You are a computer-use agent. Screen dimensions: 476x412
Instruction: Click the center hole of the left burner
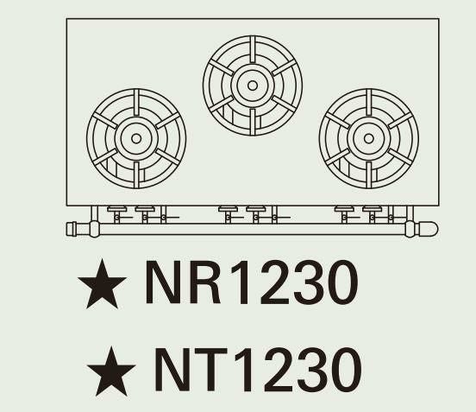136,139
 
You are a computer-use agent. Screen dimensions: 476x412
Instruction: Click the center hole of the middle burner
253,86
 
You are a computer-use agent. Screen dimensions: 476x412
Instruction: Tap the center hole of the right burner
368,139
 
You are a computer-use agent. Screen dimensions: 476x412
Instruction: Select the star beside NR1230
102,284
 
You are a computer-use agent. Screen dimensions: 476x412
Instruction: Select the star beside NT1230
111,371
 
